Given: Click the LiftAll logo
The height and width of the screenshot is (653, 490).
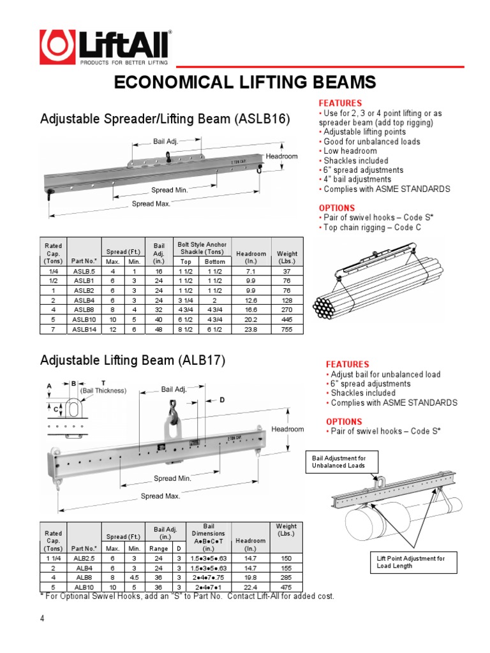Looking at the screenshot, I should point(106,48).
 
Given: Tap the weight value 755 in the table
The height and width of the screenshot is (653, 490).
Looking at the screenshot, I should point(287,329).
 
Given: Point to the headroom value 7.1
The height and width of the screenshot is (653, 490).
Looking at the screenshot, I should point(250,272).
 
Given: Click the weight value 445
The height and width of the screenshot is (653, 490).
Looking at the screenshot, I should point(287,319).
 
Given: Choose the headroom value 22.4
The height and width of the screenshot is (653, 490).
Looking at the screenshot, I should point(250,586).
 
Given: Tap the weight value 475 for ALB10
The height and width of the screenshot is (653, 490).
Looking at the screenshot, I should point(286,586).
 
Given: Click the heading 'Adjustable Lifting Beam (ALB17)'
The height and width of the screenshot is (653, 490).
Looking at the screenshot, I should point(133,360).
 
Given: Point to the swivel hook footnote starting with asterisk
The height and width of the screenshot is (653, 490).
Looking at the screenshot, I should point(187,596).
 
